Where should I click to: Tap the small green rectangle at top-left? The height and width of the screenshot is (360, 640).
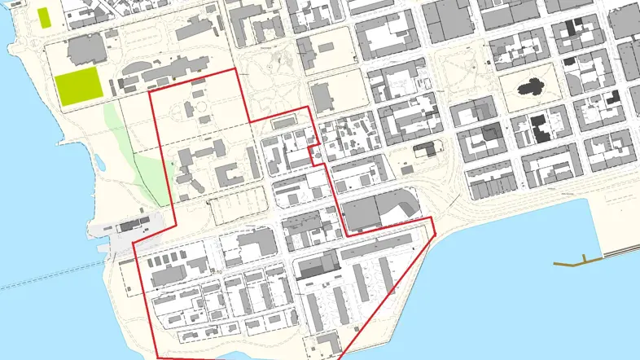43,15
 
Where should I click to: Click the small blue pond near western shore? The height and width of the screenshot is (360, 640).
100,163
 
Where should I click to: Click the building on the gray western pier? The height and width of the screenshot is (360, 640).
130,226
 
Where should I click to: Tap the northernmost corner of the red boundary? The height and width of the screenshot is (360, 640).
236,69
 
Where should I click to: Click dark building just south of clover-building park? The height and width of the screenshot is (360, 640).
539,130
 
